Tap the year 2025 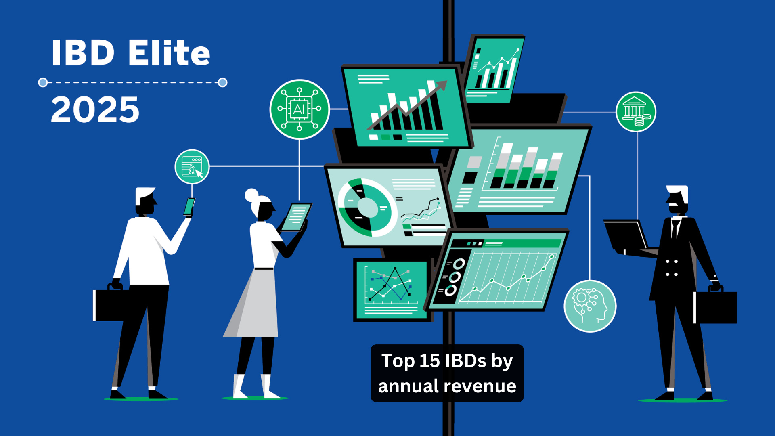(95, 109)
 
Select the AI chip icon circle (300, 109)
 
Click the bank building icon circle (636, 112)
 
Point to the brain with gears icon (590, 306)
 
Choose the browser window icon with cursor (192, 167)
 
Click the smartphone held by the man (189, 206)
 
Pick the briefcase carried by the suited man (715, 307)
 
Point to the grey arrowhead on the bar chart (441, 86)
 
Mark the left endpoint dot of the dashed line (43, 82)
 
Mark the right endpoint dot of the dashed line (222, 82)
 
